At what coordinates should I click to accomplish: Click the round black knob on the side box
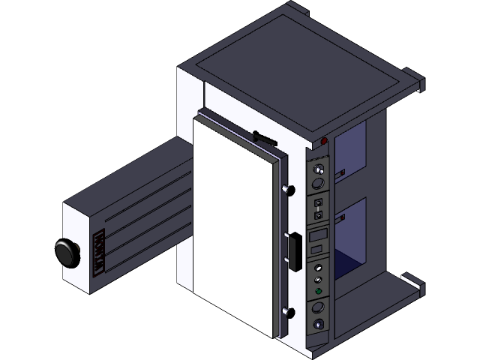67,252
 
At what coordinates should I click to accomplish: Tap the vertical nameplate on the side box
97,253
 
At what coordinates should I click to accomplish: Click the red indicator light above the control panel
324,141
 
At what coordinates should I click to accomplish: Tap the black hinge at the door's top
262,136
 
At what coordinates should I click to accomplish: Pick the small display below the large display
318,250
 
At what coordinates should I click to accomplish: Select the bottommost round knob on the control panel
320,324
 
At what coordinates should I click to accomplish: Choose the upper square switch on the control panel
318,202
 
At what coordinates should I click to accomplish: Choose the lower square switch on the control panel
318,215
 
